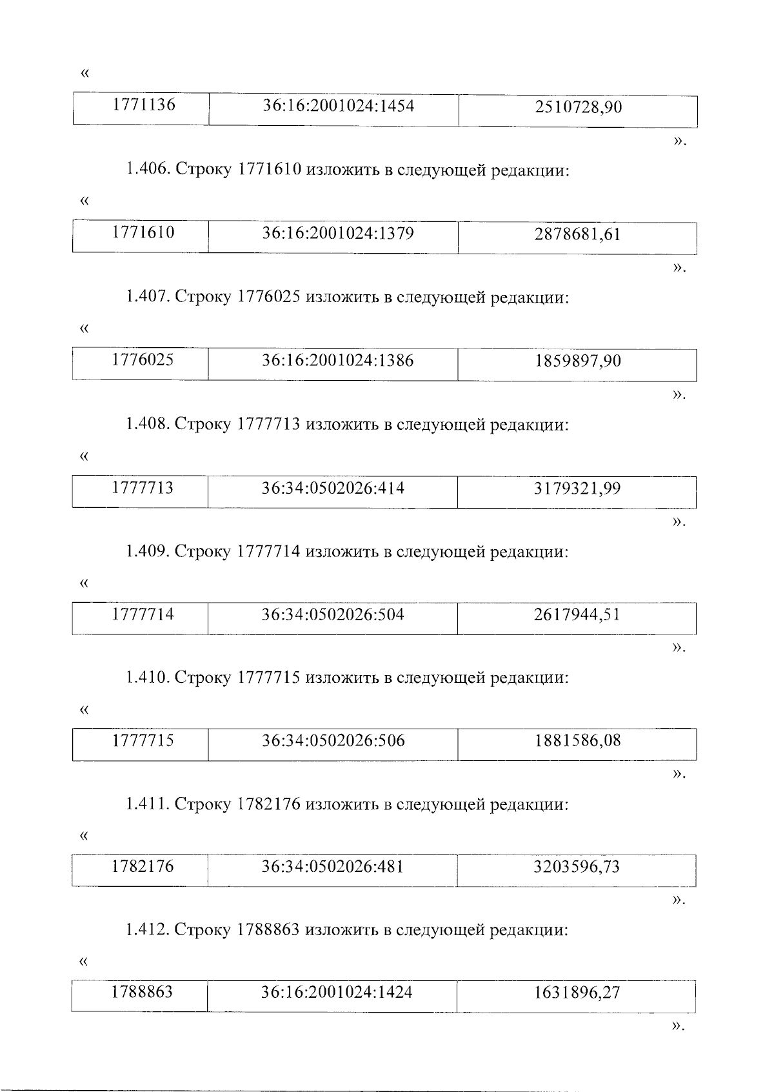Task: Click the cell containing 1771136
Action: point(144,105)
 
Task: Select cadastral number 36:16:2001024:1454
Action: point(338,105)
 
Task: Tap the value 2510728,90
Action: point(578,107)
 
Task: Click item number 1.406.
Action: point(148,171)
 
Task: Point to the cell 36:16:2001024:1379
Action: point(337,232)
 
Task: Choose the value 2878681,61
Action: point(577,234)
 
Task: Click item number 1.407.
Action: point(148,298)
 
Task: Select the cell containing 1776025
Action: point(143,359)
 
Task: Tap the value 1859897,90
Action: point(577,361)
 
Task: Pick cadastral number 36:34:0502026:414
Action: point(333,487)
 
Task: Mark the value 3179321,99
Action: point(577,489)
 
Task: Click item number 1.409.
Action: point(148,552)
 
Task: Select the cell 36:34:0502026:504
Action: point(333,614)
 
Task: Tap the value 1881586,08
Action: point(577,740)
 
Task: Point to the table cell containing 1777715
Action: point(143,740)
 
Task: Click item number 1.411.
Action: point(148,805)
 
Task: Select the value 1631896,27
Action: point(576,993)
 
